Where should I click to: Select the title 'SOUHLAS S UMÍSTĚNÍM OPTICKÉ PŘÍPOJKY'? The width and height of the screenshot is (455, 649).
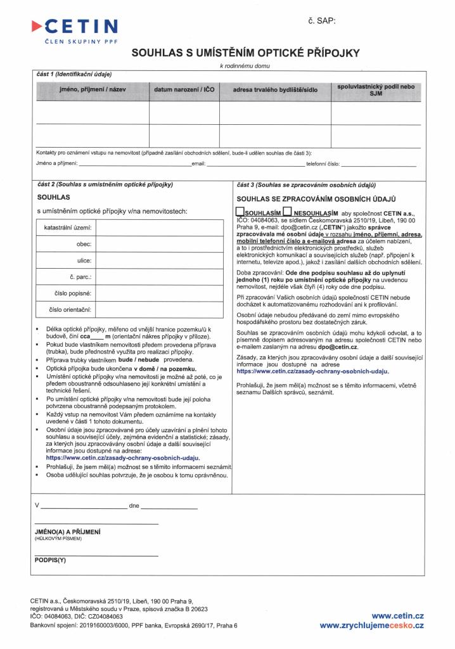[x=245, y=55]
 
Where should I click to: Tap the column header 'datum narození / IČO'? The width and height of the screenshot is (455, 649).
[x=184, y=90]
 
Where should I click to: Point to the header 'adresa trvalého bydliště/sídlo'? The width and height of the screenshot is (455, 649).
[x=275, y=90]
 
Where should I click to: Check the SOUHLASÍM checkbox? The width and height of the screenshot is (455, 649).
[x=239, y=212]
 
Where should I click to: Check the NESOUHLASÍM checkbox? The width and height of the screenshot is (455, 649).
[x=287, y=212]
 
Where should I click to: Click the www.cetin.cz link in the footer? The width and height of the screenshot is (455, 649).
[x=397, y=615]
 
